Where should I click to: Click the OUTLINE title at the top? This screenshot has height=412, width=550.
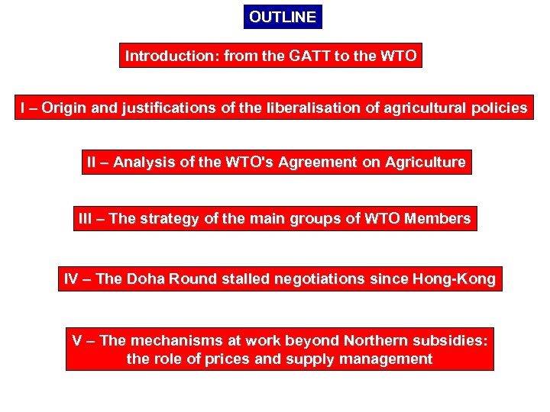tap(282, 17)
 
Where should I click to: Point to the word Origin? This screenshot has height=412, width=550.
tap(63, 108)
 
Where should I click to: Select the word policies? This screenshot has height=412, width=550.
tap(497, 108)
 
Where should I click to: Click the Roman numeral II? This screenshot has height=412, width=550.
tap(92, 162)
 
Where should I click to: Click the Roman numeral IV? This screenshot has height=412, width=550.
tap(71, 278)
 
